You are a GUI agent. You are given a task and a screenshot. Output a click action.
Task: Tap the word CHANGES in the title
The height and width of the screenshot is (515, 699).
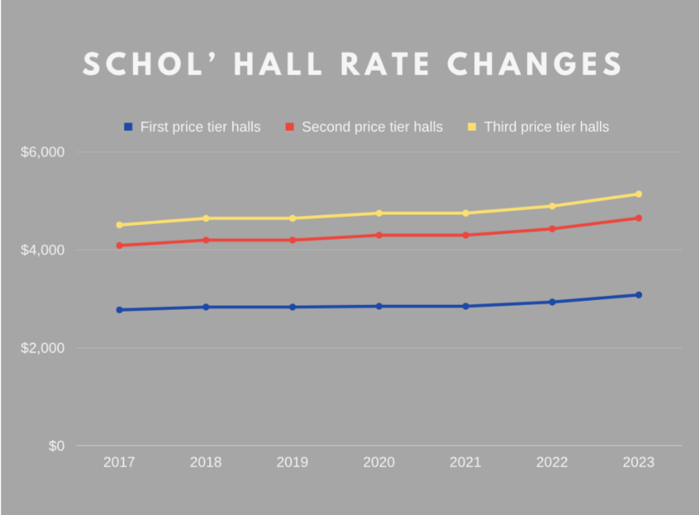[x=534, y=64]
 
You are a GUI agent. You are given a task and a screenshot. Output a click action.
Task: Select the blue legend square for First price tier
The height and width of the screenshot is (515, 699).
[x=128, y=127]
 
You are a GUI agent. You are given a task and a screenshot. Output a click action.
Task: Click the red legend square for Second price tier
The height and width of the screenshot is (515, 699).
[x=290, y=127]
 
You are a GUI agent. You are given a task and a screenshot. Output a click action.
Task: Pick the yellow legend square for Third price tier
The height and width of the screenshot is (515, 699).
[x=472, y=127]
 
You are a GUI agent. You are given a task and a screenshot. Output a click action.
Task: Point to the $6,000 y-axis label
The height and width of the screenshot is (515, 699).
[x=42, y=152]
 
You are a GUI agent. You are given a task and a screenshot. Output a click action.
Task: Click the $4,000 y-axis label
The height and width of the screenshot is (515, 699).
[x=42, y=250]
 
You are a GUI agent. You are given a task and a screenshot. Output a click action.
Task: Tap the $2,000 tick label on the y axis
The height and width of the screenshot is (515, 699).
[x=42, y=348]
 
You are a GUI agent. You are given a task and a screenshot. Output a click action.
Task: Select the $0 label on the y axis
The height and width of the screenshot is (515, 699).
[x=56, y=446]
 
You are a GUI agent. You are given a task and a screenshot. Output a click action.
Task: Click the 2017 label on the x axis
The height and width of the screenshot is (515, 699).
[x=119, y=462]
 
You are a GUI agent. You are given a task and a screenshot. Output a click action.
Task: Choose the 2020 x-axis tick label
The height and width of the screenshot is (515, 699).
[x=379, y=462]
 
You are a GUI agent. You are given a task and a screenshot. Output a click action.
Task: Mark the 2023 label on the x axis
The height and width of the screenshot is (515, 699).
[x=638, y=462]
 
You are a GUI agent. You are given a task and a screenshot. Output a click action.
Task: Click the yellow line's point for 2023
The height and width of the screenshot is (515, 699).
[x=638, y=194]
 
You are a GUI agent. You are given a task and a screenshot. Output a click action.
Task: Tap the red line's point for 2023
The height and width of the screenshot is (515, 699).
[x=638, y=218]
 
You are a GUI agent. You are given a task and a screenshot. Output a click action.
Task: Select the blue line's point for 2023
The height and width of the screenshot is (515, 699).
[x=638, y=295]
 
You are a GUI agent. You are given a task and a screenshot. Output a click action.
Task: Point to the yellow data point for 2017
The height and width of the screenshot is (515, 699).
[x=119, y=225]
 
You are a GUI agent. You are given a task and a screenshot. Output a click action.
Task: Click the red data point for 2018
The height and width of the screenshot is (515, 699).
[x=206, y=240]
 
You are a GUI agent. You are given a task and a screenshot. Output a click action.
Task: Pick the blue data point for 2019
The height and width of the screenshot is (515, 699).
[x=292, y=307]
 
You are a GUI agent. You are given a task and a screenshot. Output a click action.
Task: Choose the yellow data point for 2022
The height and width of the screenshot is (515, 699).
[x=552, y=206]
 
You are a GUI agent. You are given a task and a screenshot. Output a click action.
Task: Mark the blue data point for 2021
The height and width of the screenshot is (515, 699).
[x=466, y=306]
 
